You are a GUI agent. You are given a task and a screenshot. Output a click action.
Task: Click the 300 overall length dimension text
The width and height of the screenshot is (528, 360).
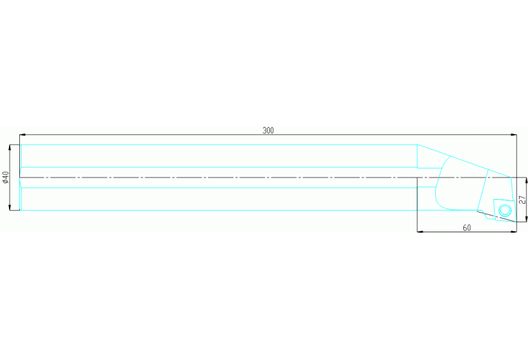268,130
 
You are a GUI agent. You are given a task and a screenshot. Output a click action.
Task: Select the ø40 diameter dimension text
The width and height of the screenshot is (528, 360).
6,177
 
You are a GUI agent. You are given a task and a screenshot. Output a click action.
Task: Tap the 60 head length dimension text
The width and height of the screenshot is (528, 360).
467,228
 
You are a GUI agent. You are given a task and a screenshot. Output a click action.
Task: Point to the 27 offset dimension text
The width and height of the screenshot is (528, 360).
522,200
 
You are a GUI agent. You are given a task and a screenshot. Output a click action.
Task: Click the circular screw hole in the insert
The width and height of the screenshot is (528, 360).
505,211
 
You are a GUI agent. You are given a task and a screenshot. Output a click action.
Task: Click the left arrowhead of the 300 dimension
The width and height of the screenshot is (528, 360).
23,135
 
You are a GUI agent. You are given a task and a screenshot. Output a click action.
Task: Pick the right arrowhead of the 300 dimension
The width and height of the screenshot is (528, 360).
514,135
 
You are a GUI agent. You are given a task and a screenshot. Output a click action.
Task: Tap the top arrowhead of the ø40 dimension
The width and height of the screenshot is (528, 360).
10,148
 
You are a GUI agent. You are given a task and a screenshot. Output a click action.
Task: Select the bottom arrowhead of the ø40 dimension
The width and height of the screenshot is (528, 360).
10,207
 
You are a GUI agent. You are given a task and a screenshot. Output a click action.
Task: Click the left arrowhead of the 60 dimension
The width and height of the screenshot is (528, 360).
421,232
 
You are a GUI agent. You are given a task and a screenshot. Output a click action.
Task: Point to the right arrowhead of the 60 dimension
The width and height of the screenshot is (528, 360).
513,232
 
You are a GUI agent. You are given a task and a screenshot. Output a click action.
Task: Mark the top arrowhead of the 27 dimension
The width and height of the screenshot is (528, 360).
527,180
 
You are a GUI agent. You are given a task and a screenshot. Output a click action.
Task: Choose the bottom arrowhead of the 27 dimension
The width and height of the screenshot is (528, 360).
527,219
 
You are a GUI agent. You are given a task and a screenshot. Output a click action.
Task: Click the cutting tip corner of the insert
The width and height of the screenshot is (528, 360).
516,222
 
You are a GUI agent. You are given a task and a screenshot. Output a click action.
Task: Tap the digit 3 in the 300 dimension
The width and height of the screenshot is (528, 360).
264,130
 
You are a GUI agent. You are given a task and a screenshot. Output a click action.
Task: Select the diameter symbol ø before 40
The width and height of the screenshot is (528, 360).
6,182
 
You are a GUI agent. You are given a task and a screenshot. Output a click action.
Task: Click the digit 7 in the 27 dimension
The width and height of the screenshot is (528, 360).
522,198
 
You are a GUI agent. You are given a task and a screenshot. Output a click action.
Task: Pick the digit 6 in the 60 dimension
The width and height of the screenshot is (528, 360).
465,228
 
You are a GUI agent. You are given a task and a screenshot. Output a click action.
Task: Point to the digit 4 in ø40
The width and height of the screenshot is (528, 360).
6,177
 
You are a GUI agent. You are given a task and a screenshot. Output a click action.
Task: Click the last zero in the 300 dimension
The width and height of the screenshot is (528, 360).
272,130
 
